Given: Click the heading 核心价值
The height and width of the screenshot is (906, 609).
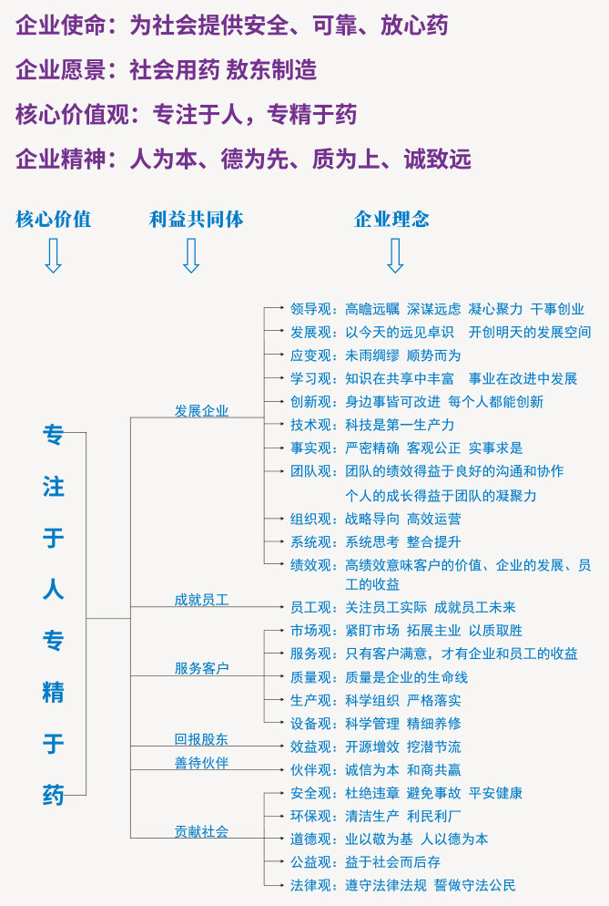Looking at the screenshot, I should (53, 220).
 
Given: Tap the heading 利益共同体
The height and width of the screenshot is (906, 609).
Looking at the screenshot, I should (196, 220).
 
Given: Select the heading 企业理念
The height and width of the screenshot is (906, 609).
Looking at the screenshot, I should (391, 220).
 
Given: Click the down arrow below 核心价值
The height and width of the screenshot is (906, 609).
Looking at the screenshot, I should (53, 256).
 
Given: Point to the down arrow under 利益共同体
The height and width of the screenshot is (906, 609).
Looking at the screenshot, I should (191, 256).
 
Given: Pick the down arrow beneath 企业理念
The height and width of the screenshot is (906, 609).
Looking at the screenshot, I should (395, 256).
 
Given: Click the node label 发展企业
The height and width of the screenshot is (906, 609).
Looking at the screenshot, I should (201, 410).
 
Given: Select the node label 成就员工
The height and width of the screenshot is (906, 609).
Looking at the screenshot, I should (201, 600).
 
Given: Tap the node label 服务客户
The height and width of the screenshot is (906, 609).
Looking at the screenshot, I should (201, 668).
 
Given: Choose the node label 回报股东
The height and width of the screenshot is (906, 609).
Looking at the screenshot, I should (201, 739).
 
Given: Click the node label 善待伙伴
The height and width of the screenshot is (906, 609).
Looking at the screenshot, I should (201, 762).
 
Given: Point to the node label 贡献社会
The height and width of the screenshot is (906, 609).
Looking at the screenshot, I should (201, 830).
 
